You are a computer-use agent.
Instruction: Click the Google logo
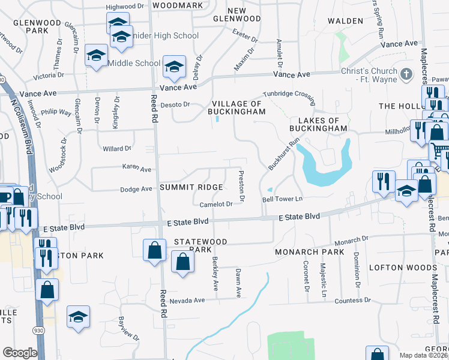point(20,353)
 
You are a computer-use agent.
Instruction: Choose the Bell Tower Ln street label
point(281,199)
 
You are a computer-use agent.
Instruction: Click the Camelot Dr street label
point(216,204)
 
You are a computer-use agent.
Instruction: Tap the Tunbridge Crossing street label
point(292,95)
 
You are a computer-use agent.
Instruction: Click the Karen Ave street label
point(137,169)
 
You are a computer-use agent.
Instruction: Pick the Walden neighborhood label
point(345,21)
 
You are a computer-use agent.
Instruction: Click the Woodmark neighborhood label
point(178,5)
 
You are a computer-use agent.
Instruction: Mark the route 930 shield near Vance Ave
point(2,79)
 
